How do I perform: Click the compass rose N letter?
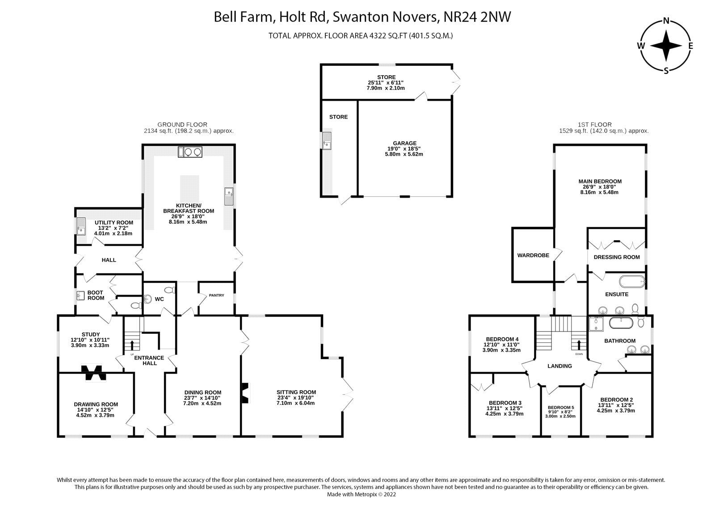pos(666,21)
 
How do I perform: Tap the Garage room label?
pos(404,144)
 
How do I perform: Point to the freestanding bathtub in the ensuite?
pos(631,282)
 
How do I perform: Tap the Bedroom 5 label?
pos(560,408)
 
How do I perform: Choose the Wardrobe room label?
pos(533,255)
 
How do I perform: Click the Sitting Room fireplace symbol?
pos(245,393)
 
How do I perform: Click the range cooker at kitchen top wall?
pos(190,152)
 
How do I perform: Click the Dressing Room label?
pos(616,257)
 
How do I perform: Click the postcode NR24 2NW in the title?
pos(477,17)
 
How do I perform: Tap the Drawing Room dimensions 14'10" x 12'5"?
pos(95,410)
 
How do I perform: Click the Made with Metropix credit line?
pos(361,494)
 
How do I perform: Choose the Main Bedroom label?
pos(600,182)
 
